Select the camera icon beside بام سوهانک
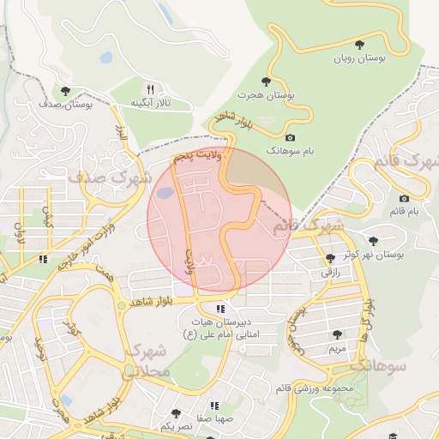point(290,137)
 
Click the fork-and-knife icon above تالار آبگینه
point(150,89)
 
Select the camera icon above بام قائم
point(404,198)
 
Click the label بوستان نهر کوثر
point(378,255)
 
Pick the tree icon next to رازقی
point(331,258)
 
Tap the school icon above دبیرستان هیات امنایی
point(221,309)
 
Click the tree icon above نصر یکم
point(176,412)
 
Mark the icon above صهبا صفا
point(213,406)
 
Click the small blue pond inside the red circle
point(163,194)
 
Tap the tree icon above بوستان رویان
point(359,45)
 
